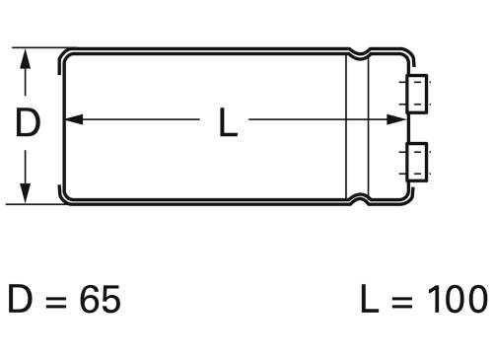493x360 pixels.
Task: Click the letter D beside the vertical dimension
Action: point(29,123)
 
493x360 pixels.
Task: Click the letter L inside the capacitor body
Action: point(228,123)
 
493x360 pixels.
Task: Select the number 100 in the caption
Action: point(456,299)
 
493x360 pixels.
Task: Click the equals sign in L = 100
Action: point(399,300)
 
